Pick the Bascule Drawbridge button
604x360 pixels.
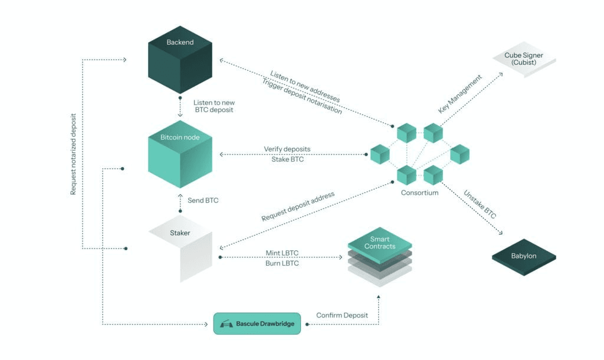tap(257, 324)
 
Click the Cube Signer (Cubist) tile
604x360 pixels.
tap(524, 60)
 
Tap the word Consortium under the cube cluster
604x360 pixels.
tap(419, 192)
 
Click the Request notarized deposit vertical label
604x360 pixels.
tap(74, 154)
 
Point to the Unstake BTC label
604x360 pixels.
tap(480, 204)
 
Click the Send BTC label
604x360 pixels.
tap(203, 201)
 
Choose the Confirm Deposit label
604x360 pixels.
tap(342, 315)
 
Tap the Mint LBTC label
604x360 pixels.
tap(282, 253)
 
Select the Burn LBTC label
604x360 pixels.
tap(282, 263)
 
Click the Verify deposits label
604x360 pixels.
tap(287, 149)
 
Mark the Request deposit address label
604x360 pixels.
tap(298, 207)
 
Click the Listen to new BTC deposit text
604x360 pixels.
tap(214, 106)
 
